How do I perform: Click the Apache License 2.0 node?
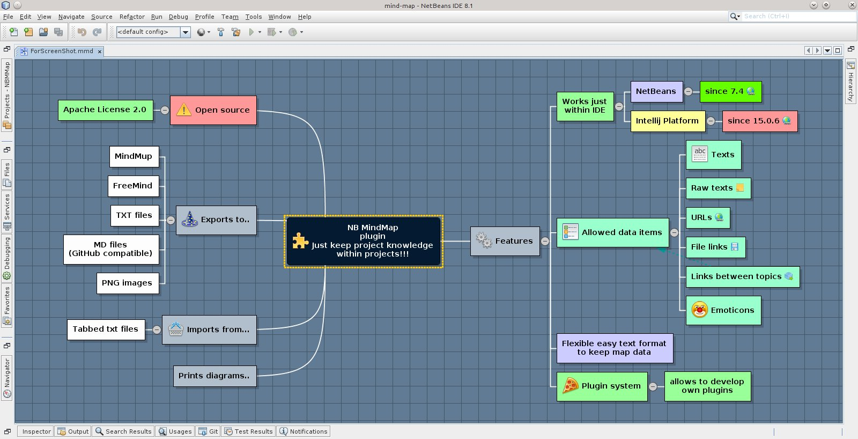coord(105,110)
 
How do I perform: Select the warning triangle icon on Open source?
coord(184,110)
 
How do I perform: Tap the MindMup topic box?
coord(134,157)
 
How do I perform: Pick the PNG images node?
coord(127,283)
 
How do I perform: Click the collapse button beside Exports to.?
coord(171,220)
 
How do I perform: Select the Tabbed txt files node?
coord(106,330)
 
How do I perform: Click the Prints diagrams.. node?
coord(214,376)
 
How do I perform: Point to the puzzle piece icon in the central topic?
coord(300,241)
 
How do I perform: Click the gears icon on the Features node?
coord(484,241)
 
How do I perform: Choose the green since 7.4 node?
coord(730,92)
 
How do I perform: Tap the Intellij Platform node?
coord(667,121)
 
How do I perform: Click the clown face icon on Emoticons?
coord(699,310)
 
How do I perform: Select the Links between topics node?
coord(742,277)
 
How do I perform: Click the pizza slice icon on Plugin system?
coord(570,386)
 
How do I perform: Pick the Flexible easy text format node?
coord(614,348)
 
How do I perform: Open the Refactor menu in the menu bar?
coord(132,17)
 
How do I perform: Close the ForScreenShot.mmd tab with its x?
coord(100,52)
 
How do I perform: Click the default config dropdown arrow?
coord(186,32)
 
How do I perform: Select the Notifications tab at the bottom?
coord(304,431)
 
